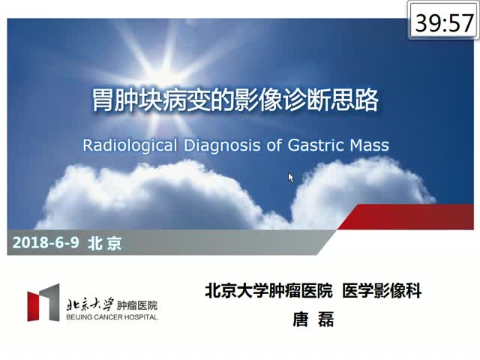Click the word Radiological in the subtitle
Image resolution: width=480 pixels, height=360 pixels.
point(130,145)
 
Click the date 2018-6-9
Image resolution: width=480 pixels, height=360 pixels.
point(46,243)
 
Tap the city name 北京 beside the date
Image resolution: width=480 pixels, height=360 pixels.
point(105,243)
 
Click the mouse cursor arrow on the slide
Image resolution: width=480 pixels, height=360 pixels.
point(291,178)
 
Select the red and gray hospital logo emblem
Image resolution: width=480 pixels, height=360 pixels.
point(43,302)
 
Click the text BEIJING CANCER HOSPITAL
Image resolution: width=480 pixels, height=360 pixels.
point(112,317)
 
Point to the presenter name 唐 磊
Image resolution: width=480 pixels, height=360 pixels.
point(313,319)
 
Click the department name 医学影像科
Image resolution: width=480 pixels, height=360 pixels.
point(382,290)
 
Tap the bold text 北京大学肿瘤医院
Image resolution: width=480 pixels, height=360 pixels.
point(268,290)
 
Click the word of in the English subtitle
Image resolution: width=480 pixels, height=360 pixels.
point(274,145)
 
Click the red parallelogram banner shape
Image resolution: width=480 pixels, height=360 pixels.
point(405,217)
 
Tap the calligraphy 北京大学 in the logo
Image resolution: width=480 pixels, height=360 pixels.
point(90,304)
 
